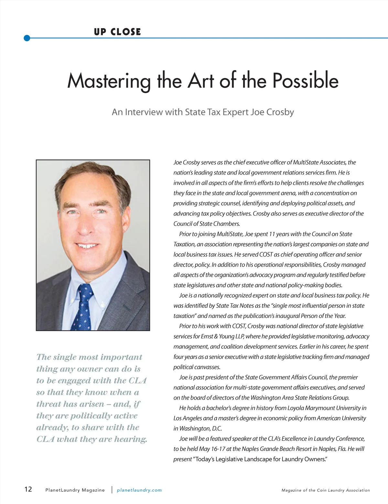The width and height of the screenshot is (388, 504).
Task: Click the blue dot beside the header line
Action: tap(27, 38)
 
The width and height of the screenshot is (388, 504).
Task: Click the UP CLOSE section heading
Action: tap(117, 32)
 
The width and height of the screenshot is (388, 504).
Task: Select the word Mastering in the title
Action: tap(109, 81)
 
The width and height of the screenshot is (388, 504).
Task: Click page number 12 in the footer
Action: tap(28, 489)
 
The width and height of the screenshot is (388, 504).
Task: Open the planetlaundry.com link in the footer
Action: tap(139, 490)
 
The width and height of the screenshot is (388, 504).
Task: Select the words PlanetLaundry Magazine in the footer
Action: tap(75, 490)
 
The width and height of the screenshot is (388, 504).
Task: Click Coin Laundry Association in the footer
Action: tap(343, 490)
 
